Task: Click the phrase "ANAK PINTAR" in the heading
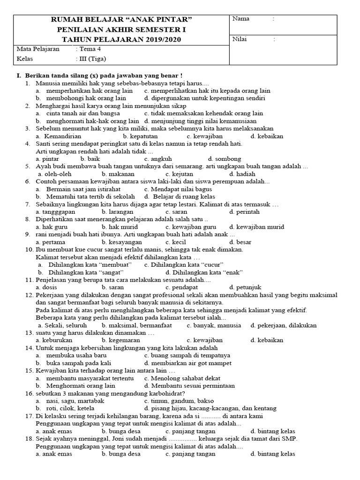pyautogui.click(x=159, y=19)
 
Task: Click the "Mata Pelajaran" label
pyautogui.click(x=38, y=49)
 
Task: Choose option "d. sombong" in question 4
pyautogui.click(x=225, y=159)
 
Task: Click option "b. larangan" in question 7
pyautogui.click(x=118, y=211)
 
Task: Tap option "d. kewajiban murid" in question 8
pyautogui.click(x=256, y=227)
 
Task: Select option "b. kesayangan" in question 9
pyautogui.click(x=121, y=242)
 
